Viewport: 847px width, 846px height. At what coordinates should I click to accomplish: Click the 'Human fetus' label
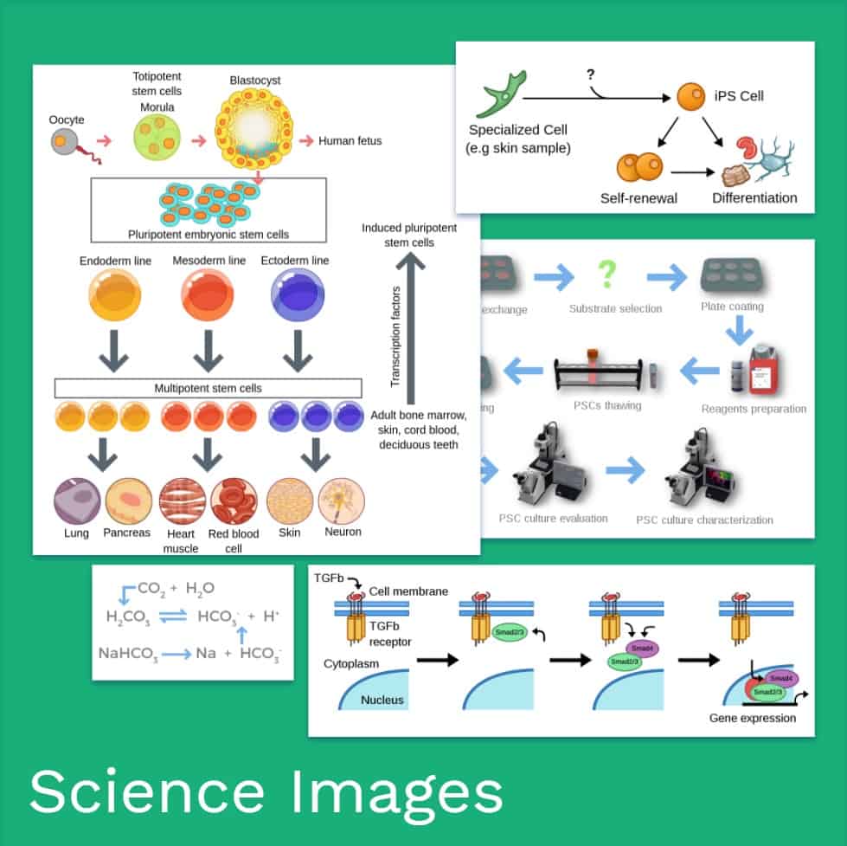tap(350, 140)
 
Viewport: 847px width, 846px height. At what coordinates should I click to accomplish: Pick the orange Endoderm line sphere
tap(116, 295)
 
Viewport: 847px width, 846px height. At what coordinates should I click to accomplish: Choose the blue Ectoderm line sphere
tap(297, 295)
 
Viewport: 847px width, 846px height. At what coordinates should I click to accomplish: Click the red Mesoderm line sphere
tap(208, 295)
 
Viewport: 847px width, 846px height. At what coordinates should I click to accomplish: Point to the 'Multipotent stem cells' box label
tap(208, 388)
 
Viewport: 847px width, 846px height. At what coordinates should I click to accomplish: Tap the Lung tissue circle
tap(77, 501)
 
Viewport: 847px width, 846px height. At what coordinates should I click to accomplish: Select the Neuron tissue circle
tap(342, 501)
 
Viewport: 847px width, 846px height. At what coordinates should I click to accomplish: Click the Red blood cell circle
tap(234, 501)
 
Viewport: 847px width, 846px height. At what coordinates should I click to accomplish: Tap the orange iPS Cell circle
tap(690, 96)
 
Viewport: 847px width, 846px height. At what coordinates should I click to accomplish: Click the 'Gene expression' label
tap(752, 718)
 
